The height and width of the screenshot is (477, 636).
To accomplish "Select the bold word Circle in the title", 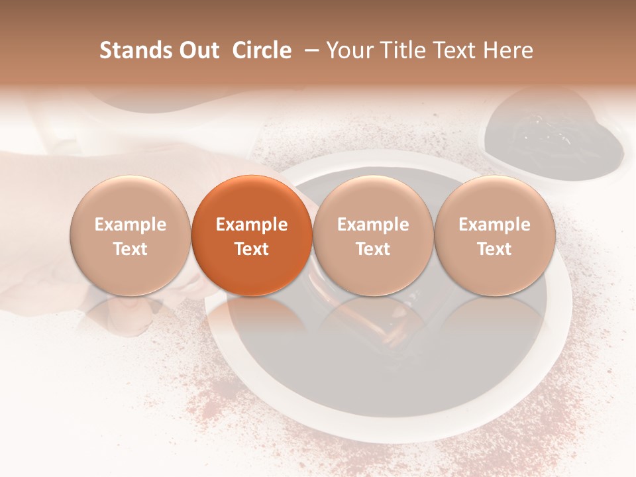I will pos(262,50).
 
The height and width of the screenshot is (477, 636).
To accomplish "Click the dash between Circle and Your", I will pos(309,50).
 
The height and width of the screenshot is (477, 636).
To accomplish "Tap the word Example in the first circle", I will pos(130,225).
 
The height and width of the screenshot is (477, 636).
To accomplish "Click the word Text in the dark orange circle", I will pos(252,249).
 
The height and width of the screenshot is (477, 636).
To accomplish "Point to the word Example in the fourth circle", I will pos(494,225).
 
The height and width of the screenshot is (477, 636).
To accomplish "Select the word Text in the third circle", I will pos(373,249).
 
